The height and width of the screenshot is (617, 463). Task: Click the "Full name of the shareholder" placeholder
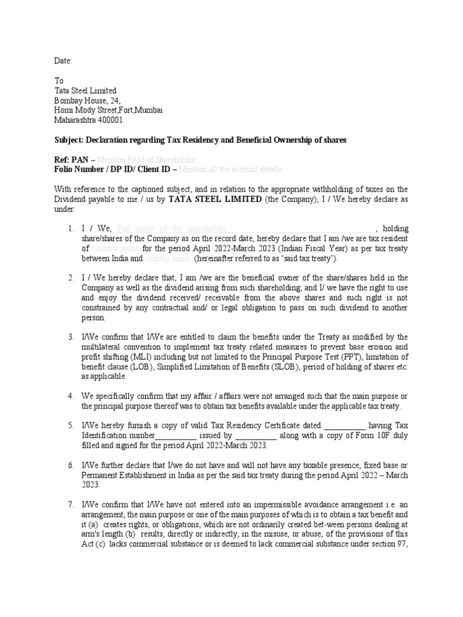click(x=172, y=228)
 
